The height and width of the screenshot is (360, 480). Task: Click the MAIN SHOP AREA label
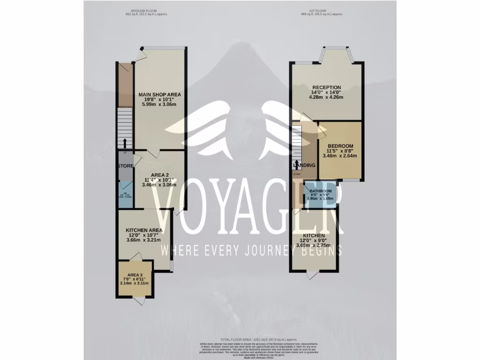[159, 94]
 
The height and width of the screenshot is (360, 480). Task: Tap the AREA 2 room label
[160, 174]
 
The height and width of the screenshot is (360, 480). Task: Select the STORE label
[126, 166]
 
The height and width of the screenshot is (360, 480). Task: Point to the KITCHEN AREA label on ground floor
[144, 230]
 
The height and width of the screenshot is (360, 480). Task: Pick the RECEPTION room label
[327, 88]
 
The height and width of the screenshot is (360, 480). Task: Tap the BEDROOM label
[340, 146]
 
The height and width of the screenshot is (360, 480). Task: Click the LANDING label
[304, 165]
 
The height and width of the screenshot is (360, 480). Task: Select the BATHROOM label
[321, 191]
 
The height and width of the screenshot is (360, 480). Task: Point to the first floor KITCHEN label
[314, 235]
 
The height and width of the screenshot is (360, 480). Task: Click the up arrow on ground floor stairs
[125, 142]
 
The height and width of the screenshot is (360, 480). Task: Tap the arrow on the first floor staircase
[296, 164]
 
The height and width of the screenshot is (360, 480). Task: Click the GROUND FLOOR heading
[144, 10]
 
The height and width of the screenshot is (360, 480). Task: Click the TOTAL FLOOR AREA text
[259, 339]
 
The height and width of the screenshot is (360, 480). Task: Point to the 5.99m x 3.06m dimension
[159, 104]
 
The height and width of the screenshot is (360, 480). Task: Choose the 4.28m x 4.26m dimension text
[327, 97]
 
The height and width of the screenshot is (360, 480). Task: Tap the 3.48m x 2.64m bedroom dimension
[340, 156]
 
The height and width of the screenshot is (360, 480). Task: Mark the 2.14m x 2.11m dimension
[135, 284]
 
